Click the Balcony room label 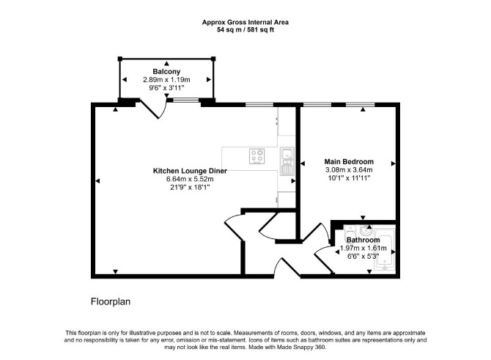[x=166, y=71]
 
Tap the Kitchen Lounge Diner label [x=190, y=171]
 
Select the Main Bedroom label [x=349, y=162]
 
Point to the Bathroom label [x=363, y=240]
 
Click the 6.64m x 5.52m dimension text [x=190, y=179]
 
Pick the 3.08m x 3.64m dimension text [x=349, y=170]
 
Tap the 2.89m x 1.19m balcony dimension [x=166, y=80]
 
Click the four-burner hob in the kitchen [x=257, y=156]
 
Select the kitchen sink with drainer [x=287, y=161]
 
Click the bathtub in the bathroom [x=385, y=250]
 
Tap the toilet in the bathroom [x=350, y=233]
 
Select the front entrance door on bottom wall [x=287, y=268]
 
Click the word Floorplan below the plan [x=111, y=301]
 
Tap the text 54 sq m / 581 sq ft [x=245, y=30]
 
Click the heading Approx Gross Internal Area [x=245, y=22]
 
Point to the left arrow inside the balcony [x=125, y=80]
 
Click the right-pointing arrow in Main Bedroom [x=394, y=164]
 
